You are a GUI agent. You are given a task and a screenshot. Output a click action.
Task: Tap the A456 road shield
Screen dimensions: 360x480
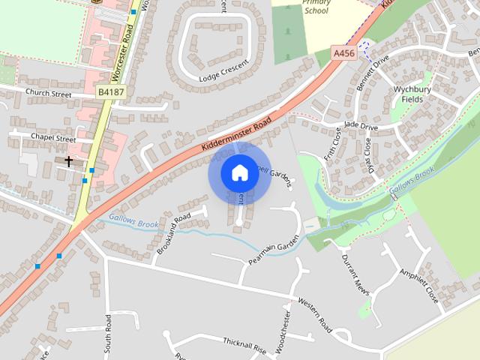coord(343,53)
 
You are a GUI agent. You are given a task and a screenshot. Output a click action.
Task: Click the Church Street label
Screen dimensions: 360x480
coord(48,94)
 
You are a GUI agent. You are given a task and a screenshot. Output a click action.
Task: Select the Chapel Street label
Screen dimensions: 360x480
coord(54,138)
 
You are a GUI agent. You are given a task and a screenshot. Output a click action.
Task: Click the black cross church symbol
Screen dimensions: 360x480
coord(69,161)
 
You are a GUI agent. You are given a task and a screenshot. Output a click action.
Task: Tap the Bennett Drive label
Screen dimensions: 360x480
coord(372,73)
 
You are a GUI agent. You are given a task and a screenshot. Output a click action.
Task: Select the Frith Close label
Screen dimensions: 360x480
coord(334,142)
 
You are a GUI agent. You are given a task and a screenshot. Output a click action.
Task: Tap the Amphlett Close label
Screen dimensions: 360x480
coord(418,285)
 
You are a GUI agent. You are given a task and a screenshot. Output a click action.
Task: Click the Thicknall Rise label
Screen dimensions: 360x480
coord(244,345)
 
